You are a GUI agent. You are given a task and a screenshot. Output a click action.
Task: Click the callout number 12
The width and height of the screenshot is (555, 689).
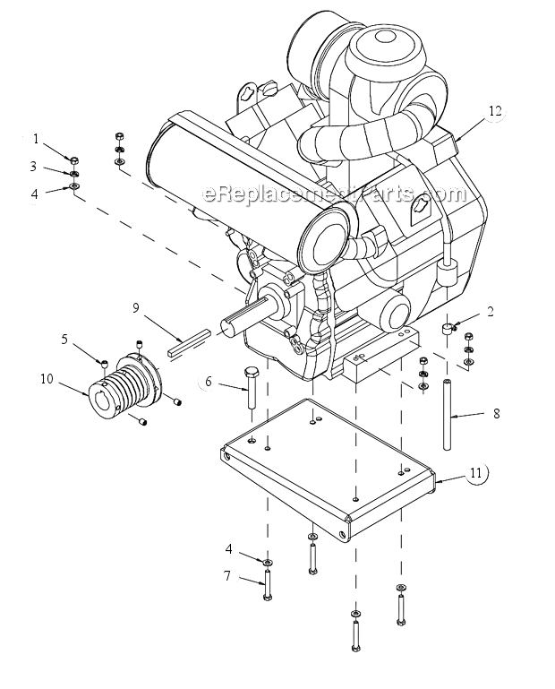click(x=495, y=111)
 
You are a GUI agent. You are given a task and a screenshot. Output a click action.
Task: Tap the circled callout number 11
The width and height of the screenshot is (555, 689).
click(x=476, y=473)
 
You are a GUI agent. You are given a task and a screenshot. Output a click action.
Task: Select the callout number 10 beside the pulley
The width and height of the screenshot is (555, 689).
click(x=47, y=379)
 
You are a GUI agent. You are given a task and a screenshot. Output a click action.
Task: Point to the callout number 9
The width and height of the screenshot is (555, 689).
click(x=136, y=307)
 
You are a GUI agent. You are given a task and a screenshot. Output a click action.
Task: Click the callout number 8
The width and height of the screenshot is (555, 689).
click(x=497, y=413)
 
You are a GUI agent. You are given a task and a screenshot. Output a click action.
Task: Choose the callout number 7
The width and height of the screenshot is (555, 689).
click(x=227, y=575)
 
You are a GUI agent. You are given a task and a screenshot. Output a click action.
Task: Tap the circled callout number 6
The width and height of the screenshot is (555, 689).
click(x=208, y=382)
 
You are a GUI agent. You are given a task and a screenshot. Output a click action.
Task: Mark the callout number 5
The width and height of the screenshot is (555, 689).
click(x=64, y=340)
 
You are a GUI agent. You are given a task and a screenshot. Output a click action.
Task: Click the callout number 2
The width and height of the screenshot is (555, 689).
click(x=491, y=312)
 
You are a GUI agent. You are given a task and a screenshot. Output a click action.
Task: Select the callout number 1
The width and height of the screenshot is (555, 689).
click(x=36, y=139)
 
